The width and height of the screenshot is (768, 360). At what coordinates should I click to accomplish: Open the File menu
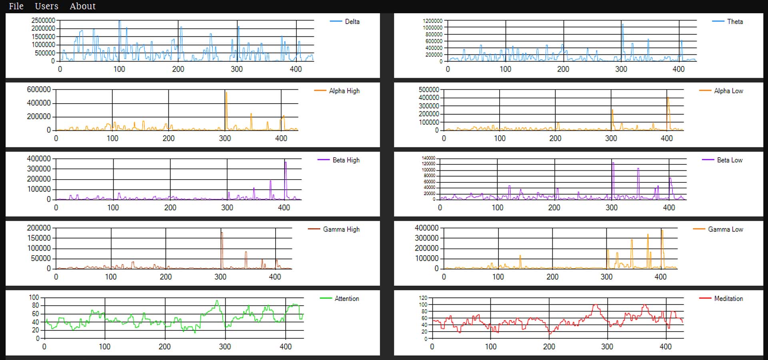click(16, 6)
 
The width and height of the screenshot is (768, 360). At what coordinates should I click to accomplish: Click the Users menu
click(46, 6)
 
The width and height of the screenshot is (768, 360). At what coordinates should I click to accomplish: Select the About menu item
click(82, 6)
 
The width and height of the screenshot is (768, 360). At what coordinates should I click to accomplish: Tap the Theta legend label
click(735, 22)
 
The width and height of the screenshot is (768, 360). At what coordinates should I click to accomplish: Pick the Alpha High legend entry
click(344, 91)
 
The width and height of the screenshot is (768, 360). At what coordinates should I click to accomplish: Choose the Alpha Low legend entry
click(728, 91)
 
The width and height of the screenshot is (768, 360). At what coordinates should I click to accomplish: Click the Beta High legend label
click(346, 160)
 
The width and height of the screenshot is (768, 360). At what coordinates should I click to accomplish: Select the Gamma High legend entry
click(341, 229)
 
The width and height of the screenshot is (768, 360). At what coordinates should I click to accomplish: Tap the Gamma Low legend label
click(725, 229)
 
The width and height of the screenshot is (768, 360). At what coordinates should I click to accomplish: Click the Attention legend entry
click(346, 298)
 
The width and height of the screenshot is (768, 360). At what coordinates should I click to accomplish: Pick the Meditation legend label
click(728, 298)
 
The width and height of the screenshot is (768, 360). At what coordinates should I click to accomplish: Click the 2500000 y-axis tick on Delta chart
click(43, 20)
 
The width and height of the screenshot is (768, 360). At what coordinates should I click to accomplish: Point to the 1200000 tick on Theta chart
click(432, 21)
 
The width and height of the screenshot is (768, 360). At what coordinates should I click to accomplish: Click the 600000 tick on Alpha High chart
click(39, 90)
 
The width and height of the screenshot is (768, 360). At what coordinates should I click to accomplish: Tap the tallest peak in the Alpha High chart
click(226, 93)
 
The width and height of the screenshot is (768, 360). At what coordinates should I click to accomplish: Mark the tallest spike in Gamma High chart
click(222, 233)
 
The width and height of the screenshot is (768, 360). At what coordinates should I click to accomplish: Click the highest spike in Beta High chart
click(286, 162)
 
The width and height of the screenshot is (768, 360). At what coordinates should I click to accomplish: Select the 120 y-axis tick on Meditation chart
click(423, 298)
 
